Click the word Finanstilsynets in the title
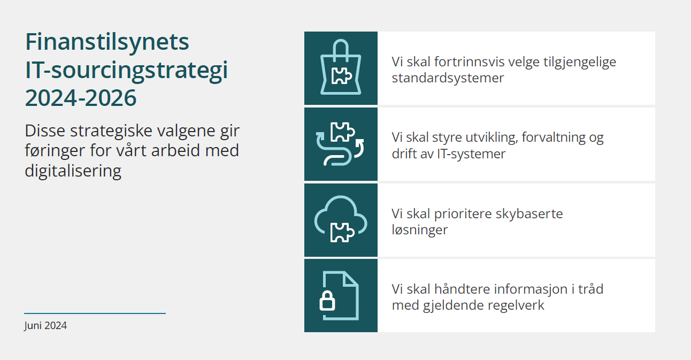[107, 42]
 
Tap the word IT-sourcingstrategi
[126, 70]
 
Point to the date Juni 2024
[45, 325]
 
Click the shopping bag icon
[341, 68]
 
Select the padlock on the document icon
[327, 302]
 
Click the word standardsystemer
[448, 78]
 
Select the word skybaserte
[529, 214]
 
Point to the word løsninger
[419, 230]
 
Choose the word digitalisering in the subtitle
[73, 171]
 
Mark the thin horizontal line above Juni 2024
[95, 313]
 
